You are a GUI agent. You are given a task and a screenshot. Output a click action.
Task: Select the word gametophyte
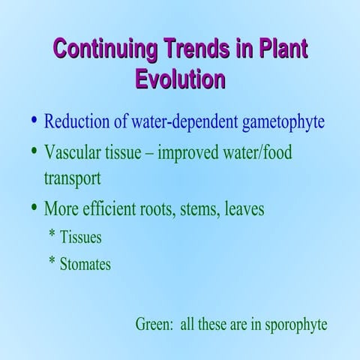click(x=283, y=122)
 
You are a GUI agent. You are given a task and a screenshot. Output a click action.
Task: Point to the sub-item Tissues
click(x=80, y=238)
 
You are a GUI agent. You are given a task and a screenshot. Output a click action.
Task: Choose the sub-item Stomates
click(x=85, y=264)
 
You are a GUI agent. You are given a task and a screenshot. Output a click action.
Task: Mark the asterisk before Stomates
click(x=52, y=262)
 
